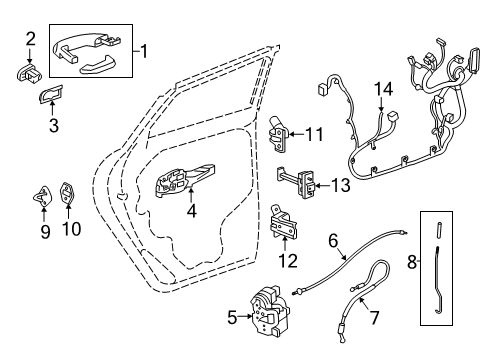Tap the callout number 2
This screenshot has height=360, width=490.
[30, 38]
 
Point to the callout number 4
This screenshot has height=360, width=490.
[192, 211]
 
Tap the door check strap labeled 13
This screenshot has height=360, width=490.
[299, 184]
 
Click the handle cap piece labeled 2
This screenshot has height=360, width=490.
[29, 70]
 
